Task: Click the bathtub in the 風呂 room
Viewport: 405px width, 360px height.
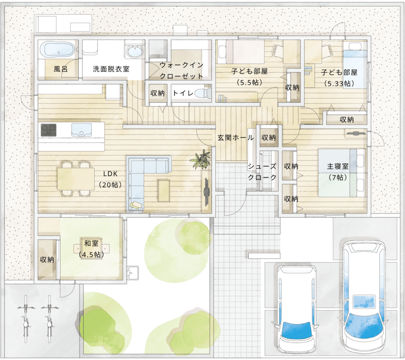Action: click(58, 49)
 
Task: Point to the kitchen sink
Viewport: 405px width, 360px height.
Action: click(81, 129)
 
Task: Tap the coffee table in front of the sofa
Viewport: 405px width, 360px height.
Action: click(164, 191)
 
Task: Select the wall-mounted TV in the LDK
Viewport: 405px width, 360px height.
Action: click(206, 191)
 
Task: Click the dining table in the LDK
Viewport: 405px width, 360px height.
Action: click(76, 179)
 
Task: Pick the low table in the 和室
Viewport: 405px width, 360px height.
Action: click(91, 248)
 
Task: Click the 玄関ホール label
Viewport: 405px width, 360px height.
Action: click(235, 138)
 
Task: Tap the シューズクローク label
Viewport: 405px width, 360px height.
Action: click(262, 172)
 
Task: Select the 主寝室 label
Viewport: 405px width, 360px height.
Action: click(338, 167)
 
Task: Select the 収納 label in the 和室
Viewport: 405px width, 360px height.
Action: click(47, 260)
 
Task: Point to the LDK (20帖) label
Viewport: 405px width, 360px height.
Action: click(110, 179)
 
